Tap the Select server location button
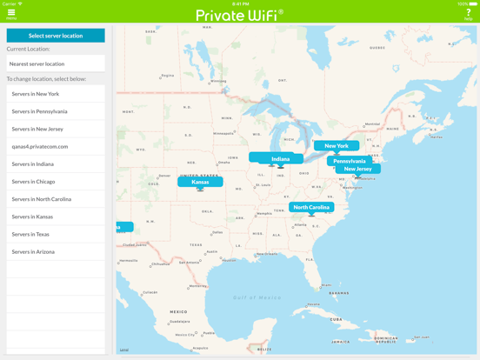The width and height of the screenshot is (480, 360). [56, 36]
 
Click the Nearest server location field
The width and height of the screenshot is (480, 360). [56, 63]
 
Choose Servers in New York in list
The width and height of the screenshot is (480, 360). [56, 94]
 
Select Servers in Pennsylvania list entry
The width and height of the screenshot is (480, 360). [56, 111]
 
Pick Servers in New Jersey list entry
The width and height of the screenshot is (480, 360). [56, 129]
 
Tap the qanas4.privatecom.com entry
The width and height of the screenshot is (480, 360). [56, 146]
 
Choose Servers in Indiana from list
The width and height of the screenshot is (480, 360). [56, 164]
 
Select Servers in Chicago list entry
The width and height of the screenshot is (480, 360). [56, 182]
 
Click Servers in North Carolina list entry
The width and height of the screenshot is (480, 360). [56, 199]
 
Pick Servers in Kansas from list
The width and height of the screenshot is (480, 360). [56, 217]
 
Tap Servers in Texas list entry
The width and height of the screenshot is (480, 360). [56, 234]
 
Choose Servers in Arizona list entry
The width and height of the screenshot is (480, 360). [56, 251]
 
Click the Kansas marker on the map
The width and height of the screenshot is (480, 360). [200, 182]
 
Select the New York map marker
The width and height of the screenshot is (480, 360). [337, 146]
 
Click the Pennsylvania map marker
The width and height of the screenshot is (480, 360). [350, 161]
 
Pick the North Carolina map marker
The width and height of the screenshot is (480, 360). [311, 207]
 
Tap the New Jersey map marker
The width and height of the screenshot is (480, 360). [358, 170]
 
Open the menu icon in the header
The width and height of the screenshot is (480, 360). [11, 13]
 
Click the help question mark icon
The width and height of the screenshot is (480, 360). [468, 13]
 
